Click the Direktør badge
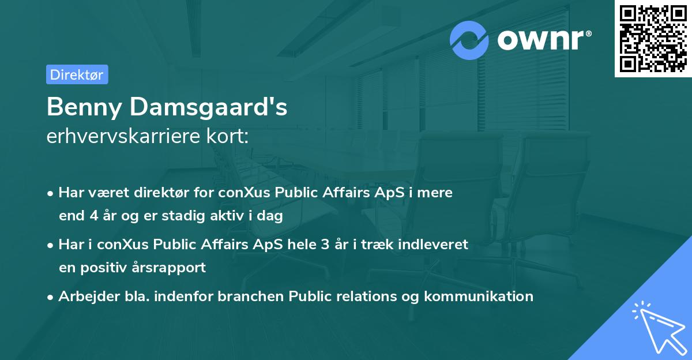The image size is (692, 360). coord(77,74)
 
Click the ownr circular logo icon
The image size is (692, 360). coord(469,40)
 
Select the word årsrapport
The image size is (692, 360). coord(173,268)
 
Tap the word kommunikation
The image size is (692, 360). coord(479,297)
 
